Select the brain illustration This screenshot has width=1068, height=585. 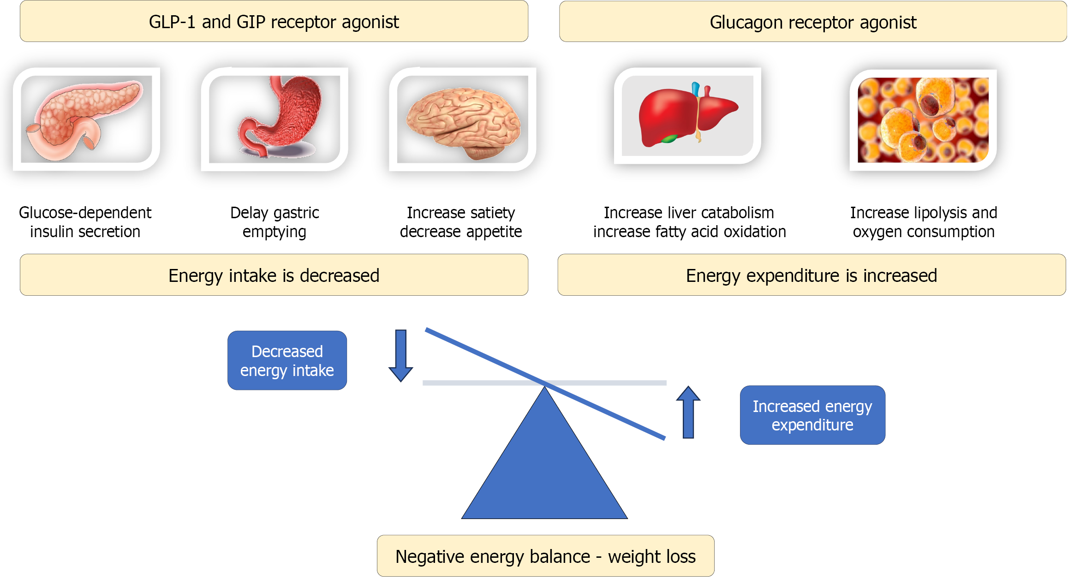[x=463, y=121]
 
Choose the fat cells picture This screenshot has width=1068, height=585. [x=923, y=120]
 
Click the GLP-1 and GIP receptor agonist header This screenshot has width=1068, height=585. [x=274, y=22]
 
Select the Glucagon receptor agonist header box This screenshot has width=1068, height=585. [x=813, y=22]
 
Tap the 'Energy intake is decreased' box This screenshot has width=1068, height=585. [x=274, y=275]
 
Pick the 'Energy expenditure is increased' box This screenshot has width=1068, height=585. [x=811, y=275]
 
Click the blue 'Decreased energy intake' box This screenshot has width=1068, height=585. [x=287, y=361]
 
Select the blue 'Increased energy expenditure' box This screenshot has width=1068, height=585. [x=812, y=415]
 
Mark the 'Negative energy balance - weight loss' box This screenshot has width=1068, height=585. [x=545, y=556]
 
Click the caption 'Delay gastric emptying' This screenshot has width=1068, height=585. [x=274, y=222]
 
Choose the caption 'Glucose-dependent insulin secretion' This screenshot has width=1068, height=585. [x=85, y=222]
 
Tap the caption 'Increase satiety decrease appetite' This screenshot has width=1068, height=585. [x=461, y=222]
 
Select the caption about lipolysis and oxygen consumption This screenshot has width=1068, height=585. [x=924, y=222]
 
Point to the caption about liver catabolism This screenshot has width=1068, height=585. [x=690, y=222]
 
